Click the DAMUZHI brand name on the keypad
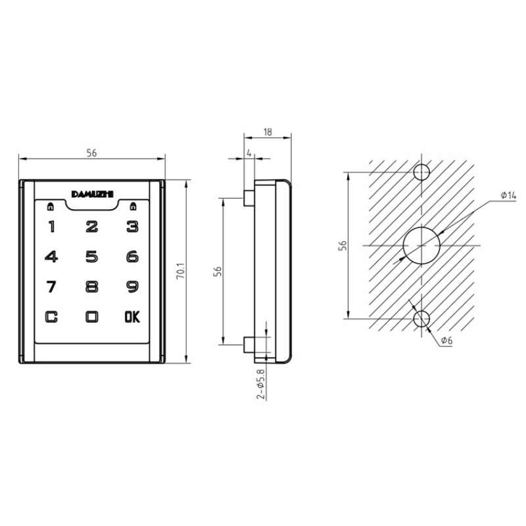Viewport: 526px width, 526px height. tap(92, 193)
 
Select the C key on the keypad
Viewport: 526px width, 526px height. tap(51, 316)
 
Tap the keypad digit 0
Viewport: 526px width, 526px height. tap(92, 316)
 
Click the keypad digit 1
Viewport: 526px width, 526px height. tap(51, 227)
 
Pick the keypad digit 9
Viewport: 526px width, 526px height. tap(132, 287)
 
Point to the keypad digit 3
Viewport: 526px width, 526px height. tap(132, 227)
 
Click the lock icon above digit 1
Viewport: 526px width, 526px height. tap(50, 206)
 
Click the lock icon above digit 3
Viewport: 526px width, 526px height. tap(133, 206)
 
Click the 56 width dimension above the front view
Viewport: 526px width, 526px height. tap(92, 153)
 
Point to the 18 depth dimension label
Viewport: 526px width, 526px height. tap(267, 131)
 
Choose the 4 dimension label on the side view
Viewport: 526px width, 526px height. tap(249, 153)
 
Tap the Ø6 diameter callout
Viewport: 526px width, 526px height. tap(447, 340)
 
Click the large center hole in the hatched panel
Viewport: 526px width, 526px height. tap(421, 245)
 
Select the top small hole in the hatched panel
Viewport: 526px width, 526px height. tap(421, 173)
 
